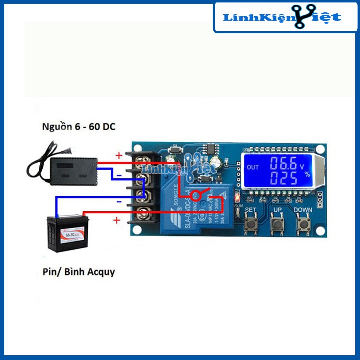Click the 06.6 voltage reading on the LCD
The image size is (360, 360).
284,163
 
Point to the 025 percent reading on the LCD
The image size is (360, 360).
283,178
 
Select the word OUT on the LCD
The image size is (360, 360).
253,167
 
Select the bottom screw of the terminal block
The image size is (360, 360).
145,211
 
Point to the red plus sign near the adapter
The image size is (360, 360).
119,155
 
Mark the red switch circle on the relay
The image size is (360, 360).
200,195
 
